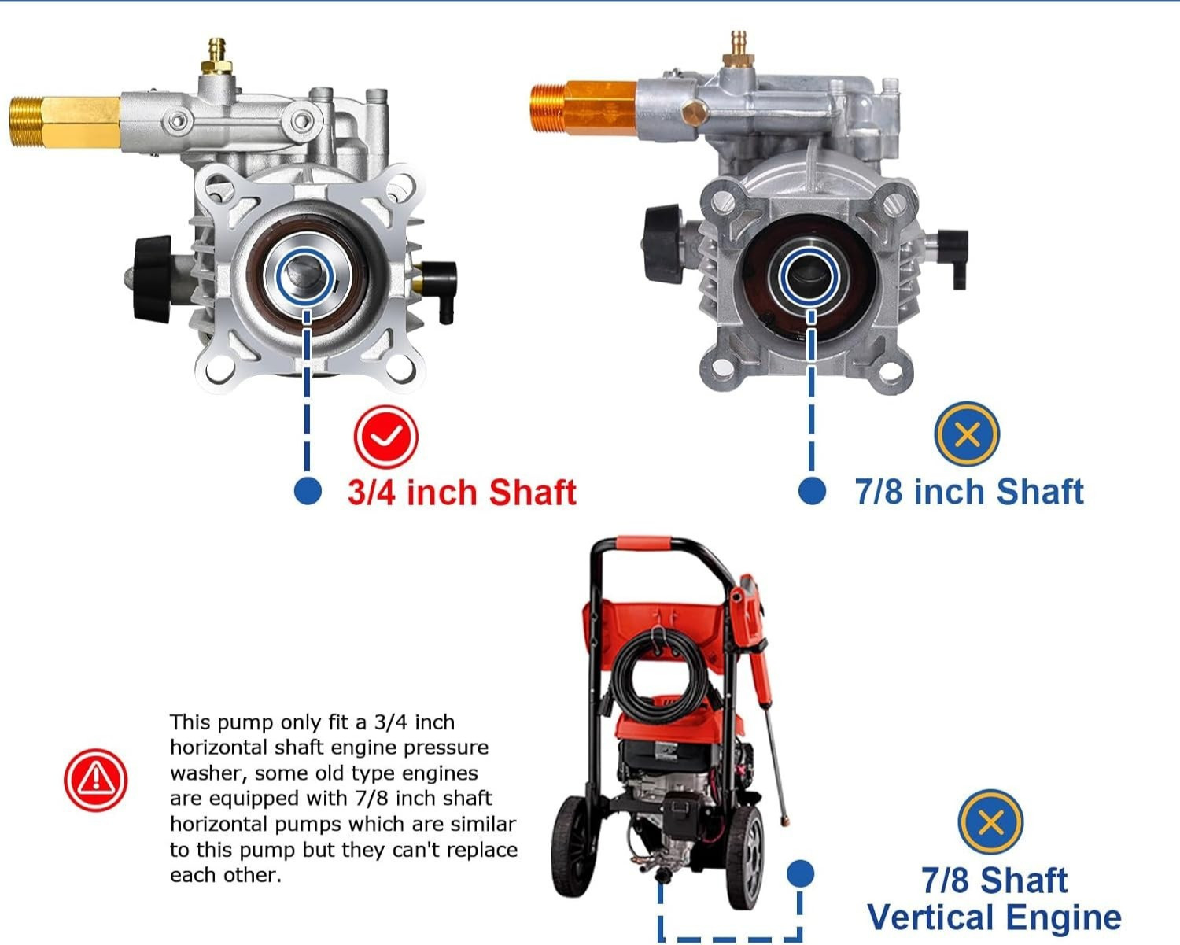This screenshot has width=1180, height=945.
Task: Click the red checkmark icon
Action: click(386, 437)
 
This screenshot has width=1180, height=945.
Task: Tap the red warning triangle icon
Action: click(95, 779)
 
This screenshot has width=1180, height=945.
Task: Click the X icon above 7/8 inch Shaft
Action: click(967, 434)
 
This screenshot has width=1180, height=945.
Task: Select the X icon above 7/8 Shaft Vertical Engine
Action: click(990, 821)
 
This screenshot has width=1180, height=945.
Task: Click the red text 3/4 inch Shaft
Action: click(462, 492)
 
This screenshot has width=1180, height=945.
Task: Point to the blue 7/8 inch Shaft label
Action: click(969, 492)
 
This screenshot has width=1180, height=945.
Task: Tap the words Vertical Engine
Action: click(994, 917)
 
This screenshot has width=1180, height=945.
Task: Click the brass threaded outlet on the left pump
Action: click(65, 122)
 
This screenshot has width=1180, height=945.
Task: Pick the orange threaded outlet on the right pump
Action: click(584, 108)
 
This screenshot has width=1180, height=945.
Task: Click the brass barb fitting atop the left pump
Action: click(218, 57)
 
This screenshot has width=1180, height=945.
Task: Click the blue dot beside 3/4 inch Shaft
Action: click(308, 491)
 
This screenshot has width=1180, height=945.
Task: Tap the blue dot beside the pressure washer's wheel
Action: click(800, 873)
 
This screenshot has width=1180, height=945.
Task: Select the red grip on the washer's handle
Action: click(643, 543)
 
